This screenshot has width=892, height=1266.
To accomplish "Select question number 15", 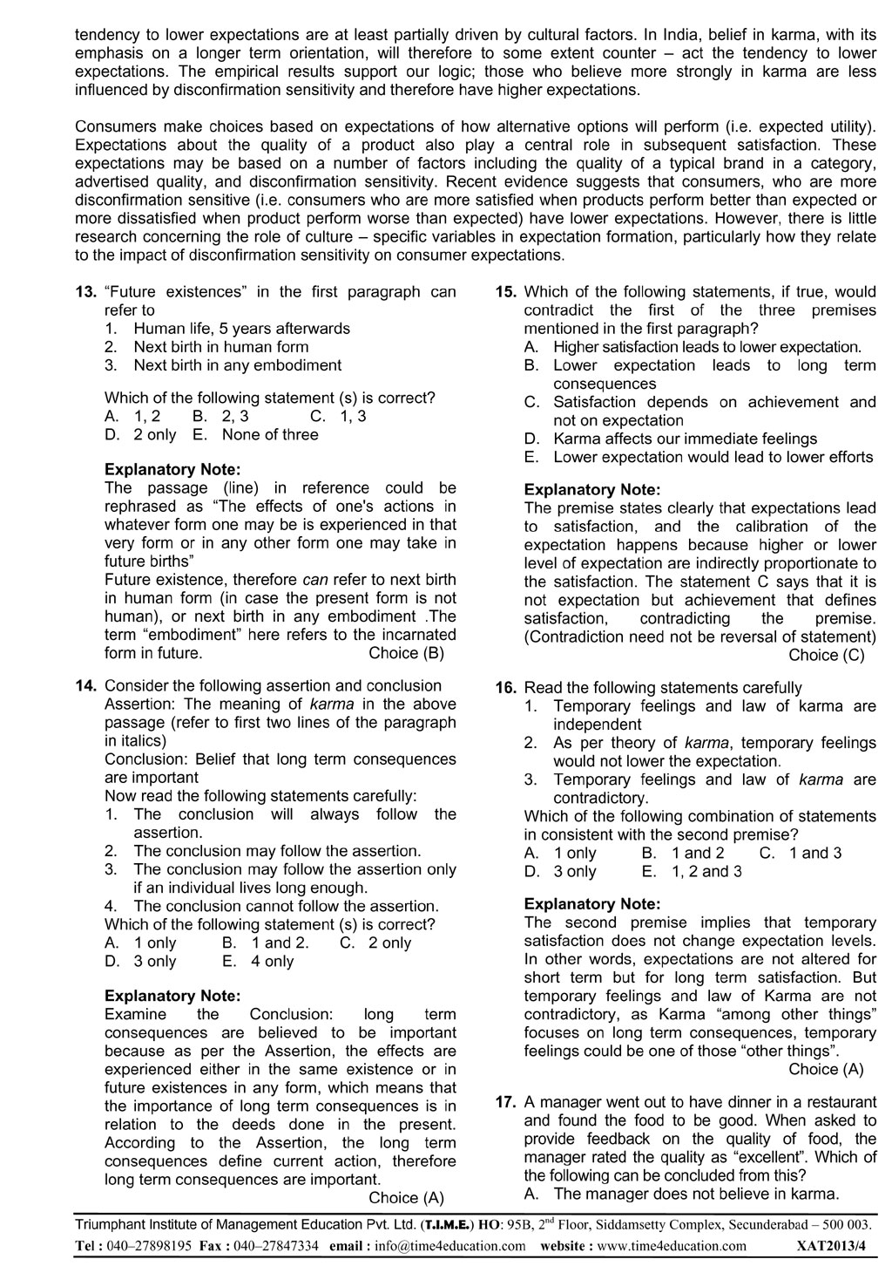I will pyautogui.click(x=507, y=292).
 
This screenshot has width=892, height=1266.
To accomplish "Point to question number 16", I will pyautogui.click(x=507, y=688).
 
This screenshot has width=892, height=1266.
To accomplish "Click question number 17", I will pyautogui.click(x=507, y=1102).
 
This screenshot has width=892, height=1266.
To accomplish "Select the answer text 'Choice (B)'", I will pyautogui.click(x=407, y=653).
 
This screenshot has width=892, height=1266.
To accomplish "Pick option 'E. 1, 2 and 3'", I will pyautogui.click(x=692, y=871).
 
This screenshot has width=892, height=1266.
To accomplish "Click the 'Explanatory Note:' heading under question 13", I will pyautogui.click(x=172, y=470).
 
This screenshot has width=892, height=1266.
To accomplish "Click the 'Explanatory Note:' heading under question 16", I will pyautogui.click(x=592, y=904).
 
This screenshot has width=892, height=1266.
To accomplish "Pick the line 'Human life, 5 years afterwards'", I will pyautogui.click(x=241, y=329).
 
